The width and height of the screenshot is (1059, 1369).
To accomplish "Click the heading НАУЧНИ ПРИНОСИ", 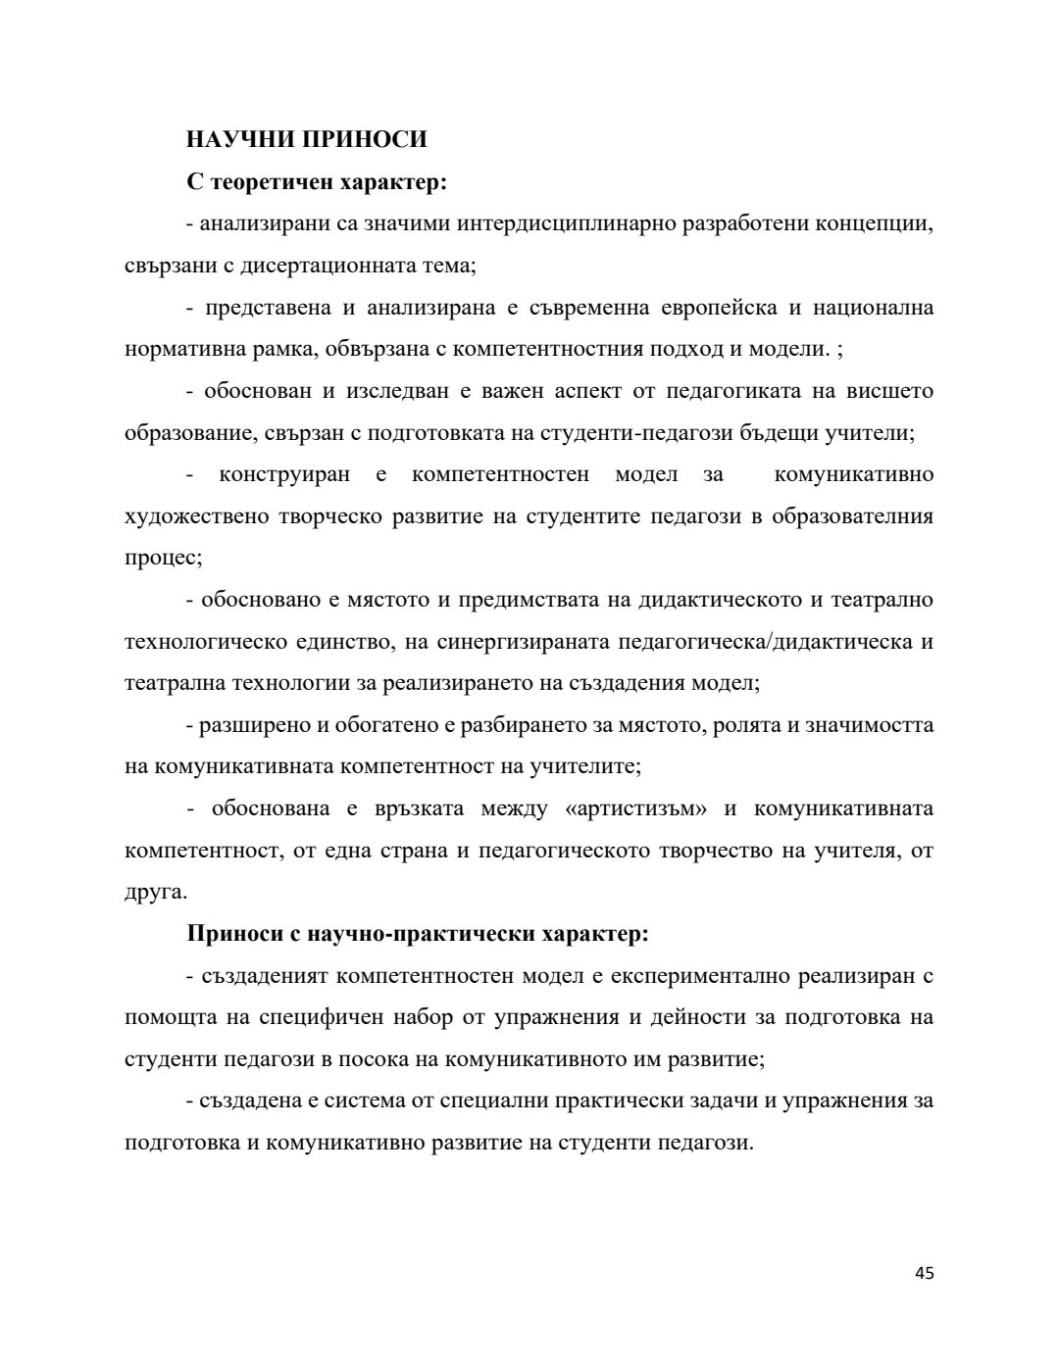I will pyautogui.click(x=307, y=139).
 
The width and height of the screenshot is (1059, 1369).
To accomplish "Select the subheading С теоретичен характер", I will pyautogui.click(x=317, y=181).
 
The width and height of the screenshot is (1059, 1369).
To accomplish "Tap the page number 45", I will pyautogui.click(x=924, y=1273).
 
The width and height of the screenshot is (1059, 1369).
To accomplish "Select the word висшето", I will pyautogui.click(x=892, y=391).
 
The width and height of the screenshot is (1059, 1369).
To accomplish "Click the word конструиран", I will pyautogui.click(x=283, y=474).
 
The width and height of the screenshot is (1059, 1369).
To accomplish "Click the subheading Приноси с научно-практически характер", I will pyautogui.click(x=418, y=934).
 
